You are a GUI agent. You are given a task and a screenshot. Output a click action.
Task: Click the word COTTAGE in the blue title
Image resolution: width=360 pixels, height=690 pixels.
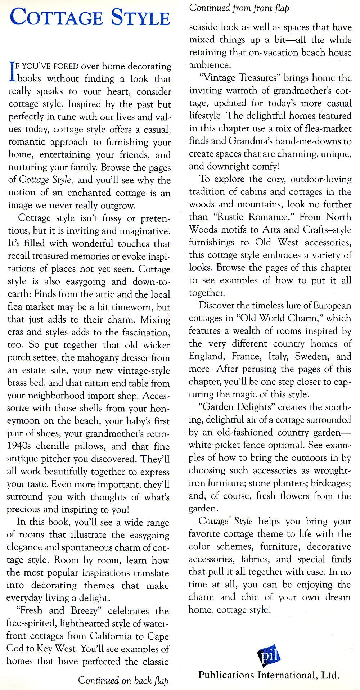point(56,17)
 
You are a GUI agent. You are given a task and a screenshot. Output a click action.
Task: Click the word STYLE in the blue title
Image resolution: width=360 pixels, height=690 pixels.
point(140,17)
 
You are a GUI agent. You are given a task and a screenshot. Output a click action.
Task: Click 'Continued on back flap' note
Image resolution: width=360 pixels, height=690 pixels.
point(123,680)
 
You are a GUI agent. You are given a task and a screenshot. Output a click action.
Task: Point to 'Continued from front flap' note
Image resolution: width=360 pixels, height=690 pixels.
point(239,8)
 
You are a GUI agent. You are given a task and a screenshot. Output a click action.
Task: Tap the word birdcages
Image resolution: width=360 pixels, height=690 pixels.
point(330,483)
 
